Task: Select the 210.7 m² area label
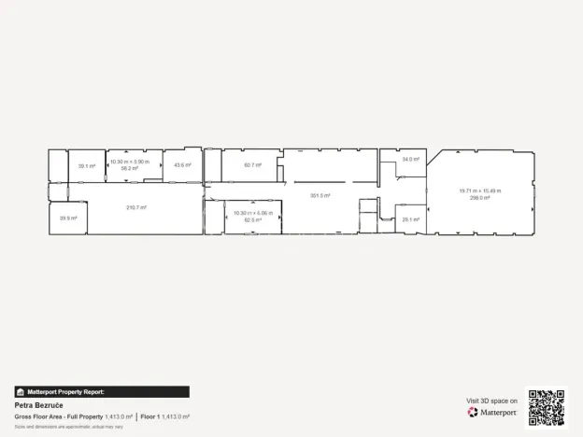(x=135, y=207)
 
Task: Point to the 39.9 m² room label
(x=67, y=218)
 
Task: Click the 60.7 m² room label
(x=252, y=165)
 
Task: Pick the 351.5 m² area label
(x=320, y=195)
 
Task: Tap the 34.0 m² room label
(x=410, y=160)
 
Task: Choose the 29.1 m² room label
(x=409, y=219)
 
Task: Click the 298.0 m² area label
(x=480, y=197)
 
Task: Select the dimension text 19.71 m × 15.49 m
(x=480, y=190)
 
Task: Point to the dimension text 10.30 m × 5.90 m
(x=130, y=162)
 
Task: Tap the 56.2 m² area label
(x=130, y=168)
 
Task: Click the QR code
(x=546, y=407)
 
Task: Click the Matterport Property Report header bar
(x=102, y=392)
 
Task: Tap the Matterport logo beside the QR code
(x=492, y=412)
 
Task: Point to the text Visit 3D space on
(x=491, y=401)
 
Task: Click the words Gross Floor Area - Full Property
(x=58, y=416)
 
